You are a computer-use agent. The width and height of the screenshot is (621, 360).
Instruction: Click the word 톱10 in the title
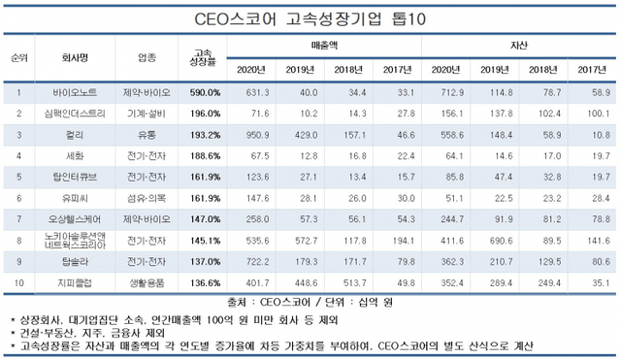412,16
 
